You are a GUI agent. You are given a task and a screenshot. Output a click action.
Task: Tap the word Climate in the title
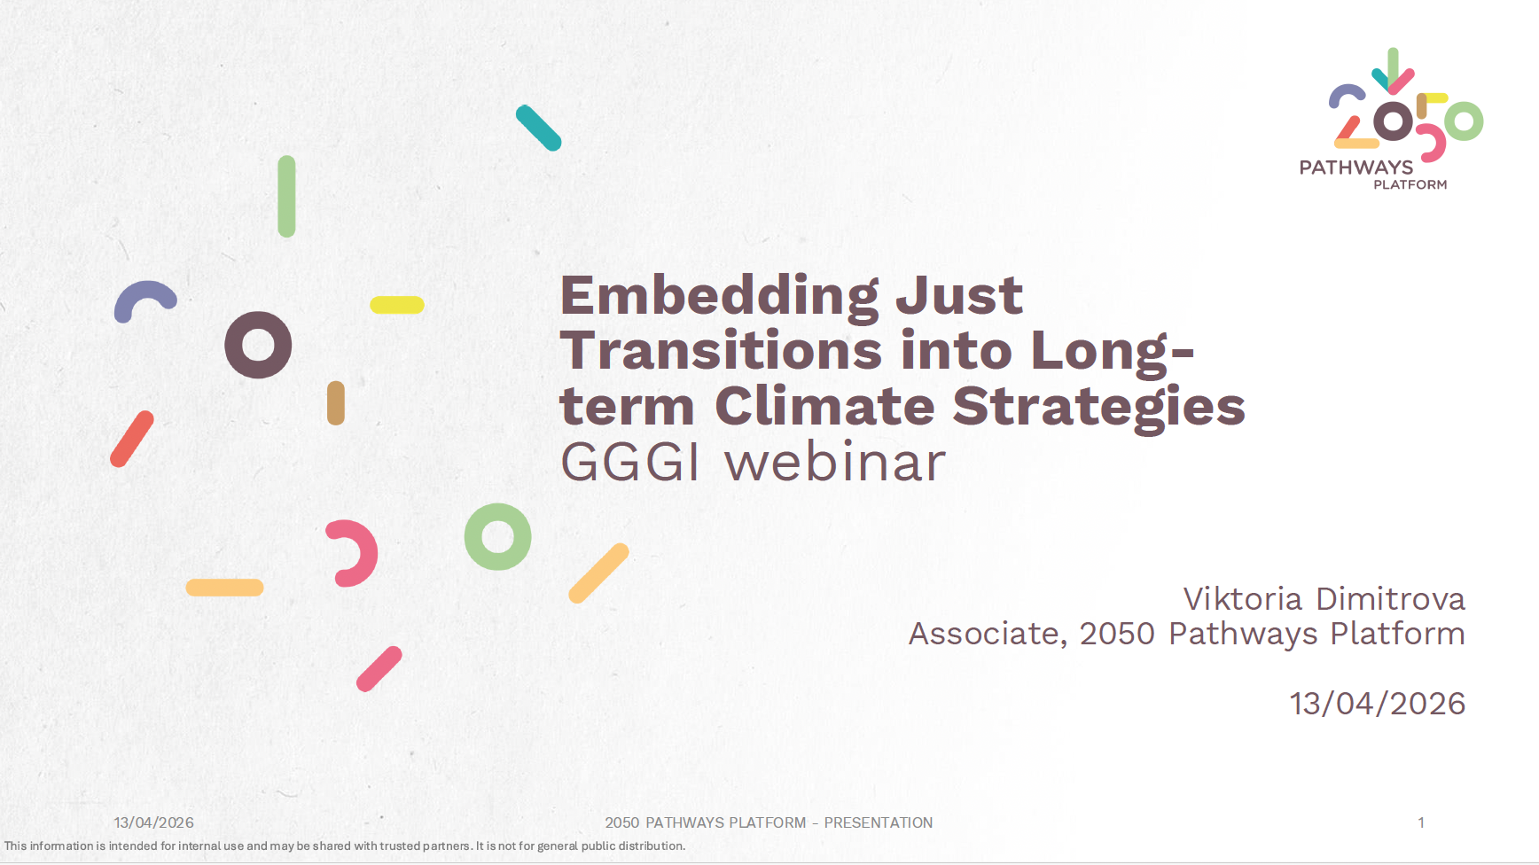[824, 407]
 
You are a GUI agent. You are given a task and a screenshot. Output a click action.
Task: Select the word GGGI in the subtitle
[630, 462]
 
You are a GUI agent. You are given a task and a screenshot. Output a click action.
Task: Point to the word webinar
[835, 462]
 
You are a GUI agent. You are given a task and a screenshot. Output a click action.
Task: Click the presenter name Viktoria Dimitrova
[1324, 599]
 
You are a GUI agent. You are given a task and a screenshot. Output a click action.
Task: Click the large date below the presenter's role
[1378, 704]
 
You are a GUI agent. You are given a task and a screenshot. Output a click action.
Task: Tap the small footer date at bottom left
[153, 822]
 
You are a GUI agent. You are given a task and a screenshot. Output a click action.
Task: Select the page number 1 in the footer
[1421, 822]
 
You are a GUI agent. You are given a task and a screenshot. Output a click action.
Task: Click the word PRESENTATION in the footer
[879, 822]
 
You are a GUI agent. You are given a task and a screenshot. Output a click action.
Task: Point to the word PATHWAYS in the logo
[1356, 168]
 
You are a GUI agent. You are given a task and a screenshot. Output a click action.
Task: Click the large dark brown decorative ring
[258, 345]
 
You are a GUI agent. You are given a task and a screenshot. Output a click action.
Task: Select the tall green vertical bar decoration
[286, 197]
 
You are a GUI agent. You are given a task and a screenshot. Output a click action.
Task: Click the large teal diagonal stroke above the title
[539, 128]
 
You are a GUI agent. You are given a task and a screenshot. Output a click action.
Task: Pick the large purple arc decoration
[145, 292]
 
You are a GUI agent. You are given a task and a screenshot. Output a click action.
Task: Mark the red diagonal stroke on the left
[132, 439]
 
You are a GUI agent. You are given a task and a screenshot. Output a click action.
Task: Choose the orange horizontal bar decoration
[224, 588]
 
